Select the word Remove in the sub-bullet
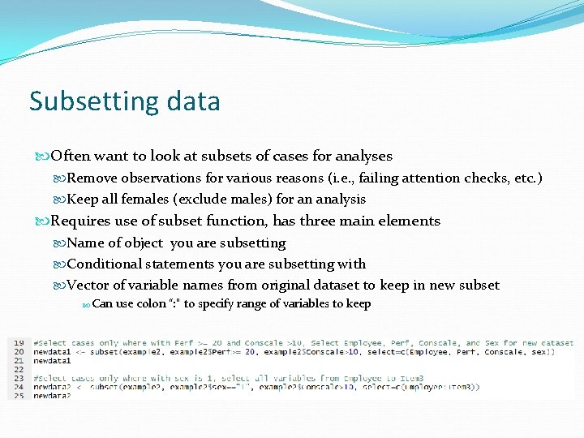coord(92,178)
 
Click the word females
coord(148,199)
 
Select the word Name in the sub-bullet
coord(84,243)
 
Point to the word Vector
coord(87,285)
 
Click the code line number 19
coord(19,343)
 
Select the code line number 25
coord(19,396)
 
